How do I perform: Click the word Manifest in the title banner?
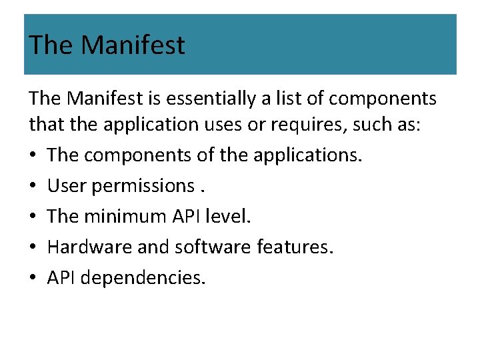pos(133,45)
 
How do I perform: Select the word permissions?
pos(142,186)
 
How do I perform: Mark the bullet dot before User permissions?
pos(33,186)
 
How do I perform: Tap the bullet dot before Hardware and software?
pos(33,247)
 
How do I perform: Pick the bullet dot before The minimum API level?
pos(33,217)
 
